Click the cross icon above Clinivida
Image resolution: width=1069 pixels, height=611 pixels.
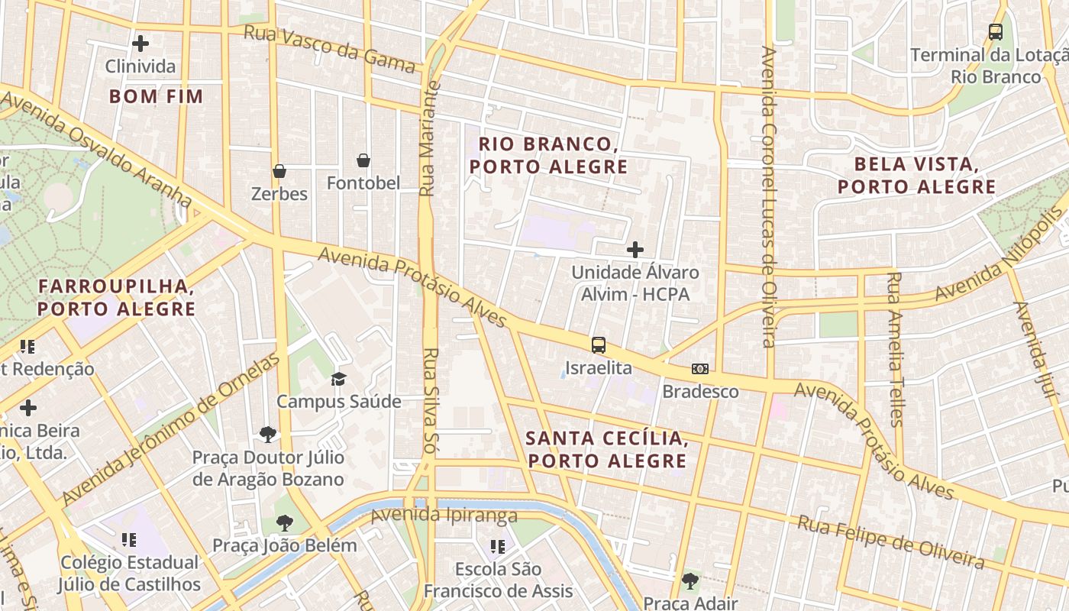click(x=140, y=44)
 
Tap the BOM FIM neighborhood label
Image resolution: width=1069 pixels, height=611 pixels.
click(x=156, y=96)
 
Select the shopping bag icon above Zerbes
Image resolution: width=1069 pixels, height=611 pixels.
click(x=279, y=171)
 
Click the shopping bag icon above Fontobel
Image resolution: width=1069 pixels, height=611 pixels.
click(x=363, y=160)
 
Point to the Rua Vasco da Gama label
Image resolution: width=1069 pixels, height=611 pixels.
click(x=329, y=48)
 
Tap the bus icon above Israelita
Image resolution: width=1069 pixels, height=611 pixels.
click(x=599, y=345)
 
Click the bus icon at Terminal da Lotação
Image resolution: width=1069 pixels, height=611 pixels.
click(x=996, y=32)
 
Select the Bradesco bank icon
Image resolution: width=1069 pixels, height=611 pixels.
click(x=700, y=369)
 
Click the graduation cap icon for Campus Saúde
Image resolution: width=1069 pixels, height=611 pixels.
click(x=338, y=379)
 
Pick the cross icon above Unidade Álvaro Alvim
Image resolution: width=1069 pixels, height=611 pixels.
click(x=635, y=250)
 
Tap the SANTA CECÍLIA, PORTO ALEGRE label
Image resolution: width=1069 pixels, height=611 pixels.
click(x=607, y=450)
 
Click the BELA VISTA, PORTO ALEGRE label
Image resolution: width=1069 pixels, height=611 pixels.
click(x=916, y=176)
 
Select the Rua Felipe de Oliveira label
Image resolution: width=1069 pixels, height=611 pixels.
click(x=890, y=541)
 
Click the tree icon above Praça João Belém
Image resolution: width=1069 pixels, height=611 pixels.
click(x=285, y=523)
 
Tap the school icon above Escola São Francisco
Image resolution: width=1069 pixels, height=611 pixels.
click(x=498, y=547)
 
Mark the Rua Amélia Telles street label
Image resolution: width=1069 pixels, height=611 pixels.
click(x=895, y=348)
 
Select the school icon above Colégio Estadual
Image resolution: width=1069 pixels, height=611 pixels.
click(x=129, y=541)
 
